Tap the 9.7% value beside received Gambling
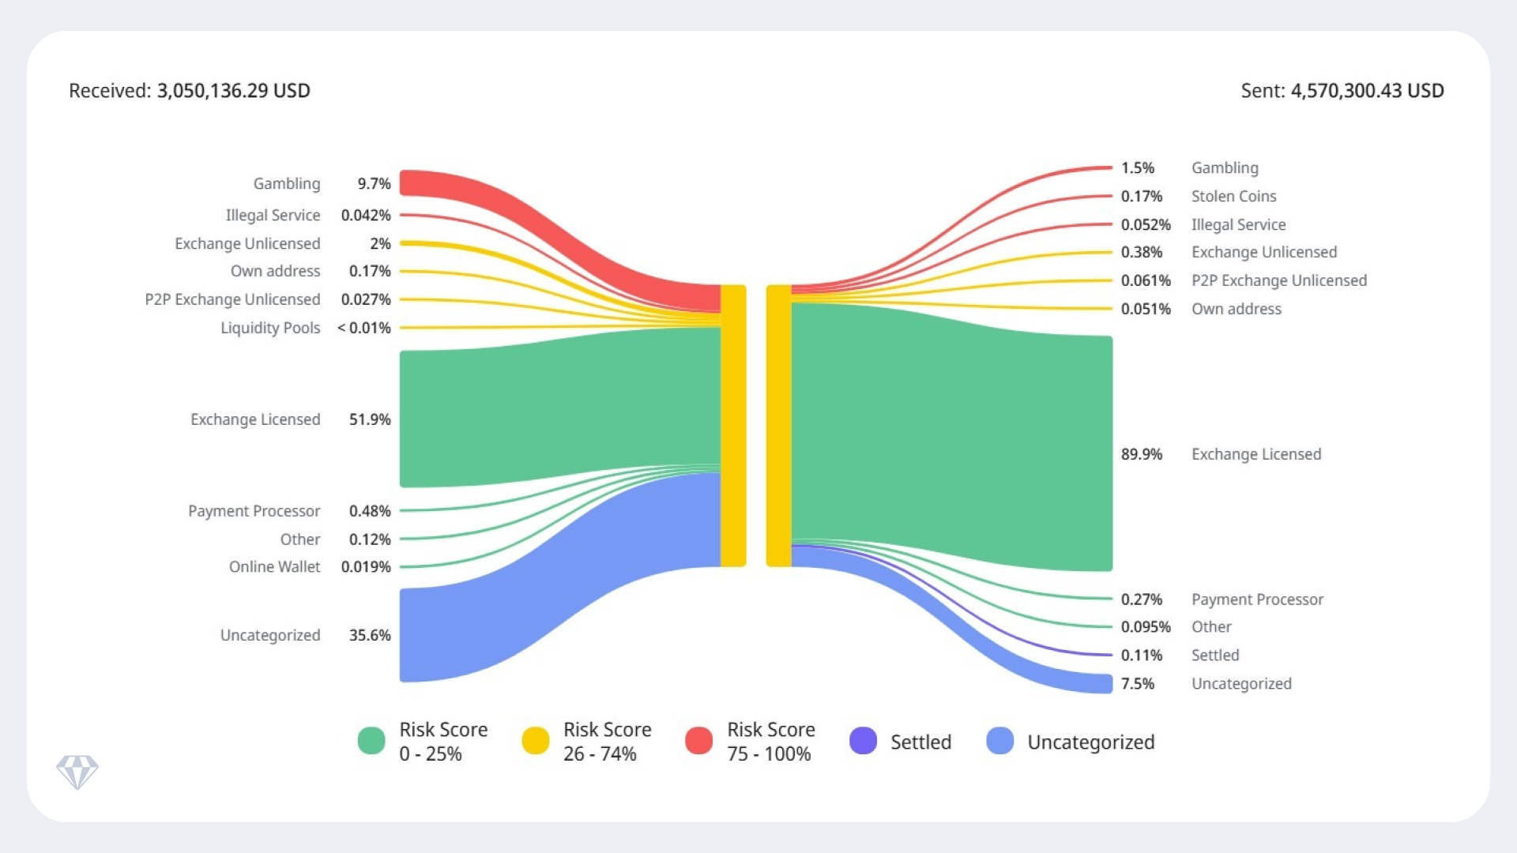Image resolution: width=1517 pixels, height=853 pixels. [374, 184]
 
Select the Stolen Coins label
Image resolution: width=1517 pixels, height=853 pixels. [1233, 197]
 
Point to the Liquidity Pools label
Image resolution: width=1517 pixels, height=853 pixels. [270, 328]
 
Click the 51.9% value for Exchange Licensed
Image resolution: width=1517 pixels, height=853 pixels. [370, 419]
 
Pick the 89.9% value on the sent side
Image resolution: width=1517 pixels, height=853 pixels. [1141, 454]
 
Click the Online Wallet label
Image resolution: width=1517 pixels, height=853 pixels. [274, 567]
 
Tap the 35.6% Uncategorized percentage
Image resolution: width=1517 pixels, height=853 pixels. [370, 635]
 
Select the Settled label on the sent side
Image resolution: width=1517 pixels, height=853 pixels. [1214, 656]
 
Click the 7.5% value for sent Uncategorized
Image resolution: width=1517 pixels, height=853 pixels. [1137, 684]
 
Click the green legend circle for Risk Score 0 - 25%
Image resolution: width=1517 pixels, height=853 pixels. [371, 741]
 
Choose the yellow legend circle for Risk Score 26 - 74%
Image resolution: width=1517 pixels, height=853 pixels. [536, 741]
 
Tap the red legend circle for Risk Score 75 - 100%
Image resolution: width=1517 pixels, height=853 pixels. [699, 741]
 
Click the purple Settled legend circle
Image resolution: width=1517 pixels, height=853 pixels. [863, 741]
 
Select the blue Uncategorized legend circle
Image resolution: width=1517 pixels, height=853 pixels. [1000, 741]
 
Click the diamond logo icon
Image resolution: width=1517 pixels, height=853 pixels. [77, 772]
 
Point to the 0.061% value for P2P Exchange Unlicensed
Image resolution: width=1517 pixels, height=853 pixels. [1145, 281]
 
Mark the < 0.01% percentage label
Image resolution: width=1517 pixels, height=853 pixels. [363, 328]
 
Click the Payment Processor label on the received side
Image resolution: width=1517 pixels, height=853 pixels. [254, 511]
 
